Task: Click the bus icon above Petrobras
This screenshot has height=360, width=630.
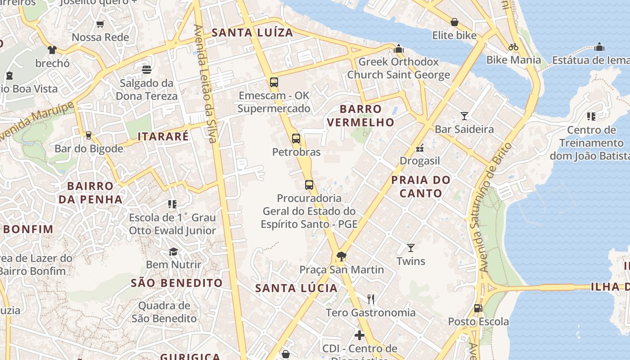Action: [296, 139]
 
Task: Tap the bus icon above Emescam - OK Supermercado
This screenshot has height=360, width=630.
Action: [274, 82]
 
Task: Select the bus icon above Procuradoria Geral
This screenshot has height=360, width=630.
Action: [309, 184]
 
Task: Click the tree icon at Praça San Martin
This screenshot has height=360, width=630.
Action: [341, 256]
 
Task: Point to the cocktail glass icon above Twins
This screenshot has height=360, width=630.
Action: [410, 247]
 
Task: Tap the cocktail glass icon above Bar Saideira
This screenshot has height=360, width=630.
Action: [464, 116]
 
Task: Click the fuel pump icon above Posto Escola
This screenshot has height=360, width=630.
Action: [478, 308]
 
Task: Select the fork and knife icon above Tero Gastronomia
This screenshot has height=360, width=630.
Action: [371, 299]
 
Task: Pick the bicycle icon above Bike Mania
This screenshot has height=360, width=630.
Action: [513, 46]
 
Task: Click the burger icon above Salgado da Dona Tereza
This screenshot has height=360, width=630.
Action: [146, 69]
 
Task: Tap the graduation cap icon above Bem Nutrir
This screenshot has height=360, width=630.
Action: [173, 251]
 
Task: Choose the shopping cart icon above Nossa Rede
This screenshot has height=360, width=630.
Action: [100, 24]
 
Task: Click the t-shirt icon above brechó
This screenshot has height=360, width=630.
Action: [52, 49]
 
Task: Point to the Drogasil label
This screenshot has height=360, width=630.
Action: [420, 161]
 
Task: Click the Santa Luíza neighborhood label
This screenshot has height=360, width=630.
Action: [252, 32]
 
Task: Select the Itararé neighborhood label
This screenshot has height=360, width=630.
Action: [163, 137]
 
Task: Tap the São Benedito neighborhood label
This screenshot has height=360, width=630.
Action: [176, 283]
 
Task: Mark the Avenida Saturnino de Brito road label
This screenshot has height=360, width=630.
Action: [493, 207]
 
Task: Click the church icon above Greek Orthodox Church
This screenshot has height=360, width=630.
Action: [398, 48]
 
